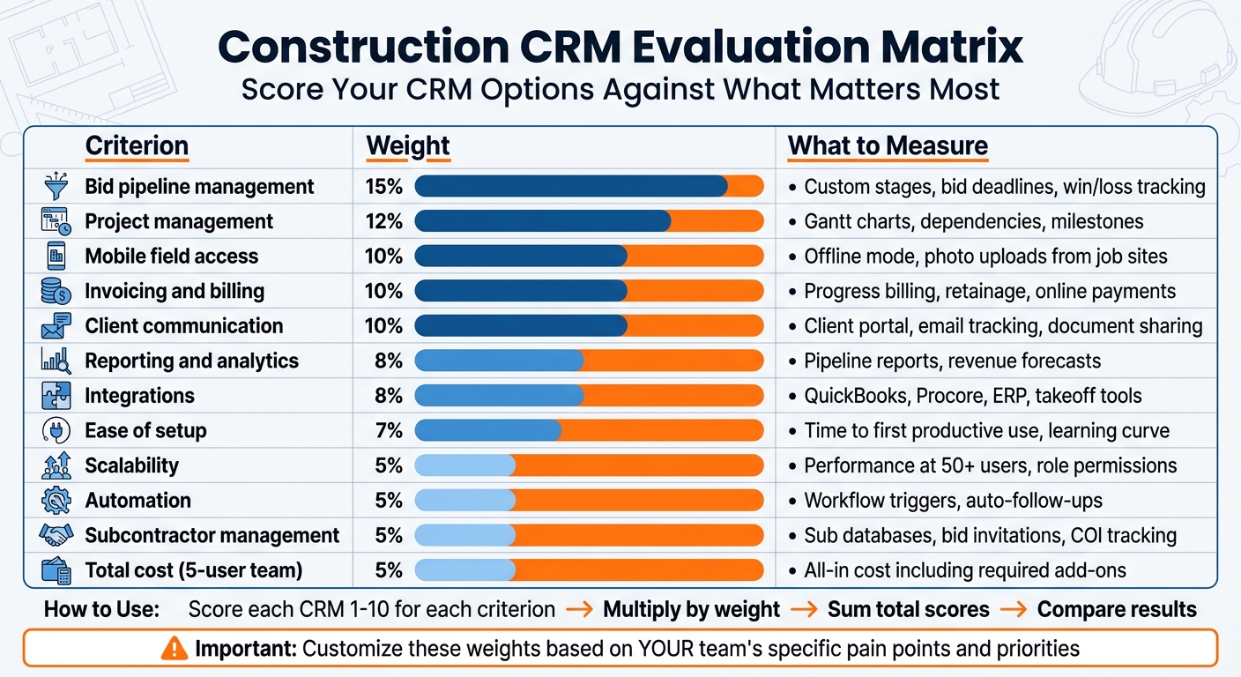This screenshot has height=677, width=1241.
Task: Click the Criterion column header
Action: pyautogui.click(x=137, y=146)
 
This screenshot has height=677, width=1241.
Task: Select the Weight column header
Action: pyautogui.click(x=407, y=146)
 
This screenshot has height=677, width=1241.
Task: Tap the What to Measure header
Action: pyautogui.click(x=888, y=146)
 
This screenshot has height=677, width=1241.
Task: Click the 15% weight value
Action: pyautogui.click(x=383, y=187)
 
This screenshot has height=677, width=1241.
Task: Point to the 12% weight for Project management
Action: pyautogui.click(x=383, y=222)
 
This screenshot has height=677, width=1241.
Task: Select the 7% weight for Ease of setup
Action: pyautogui.click(x=388, y=431)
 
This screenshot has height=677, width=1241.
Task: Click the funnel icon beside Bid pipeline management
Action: pyautogui.click(x=56, y=187)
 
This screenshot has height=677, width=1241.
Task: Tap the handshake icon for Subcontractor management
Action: pyautogui.click(x=56, y=535)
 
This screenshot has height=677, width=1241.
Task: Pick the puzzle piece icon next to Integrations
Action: pyautogui.click(x=56, y=396)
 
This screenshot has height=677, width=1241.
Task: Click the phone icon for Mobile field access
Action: pyautogui.click(x=56, y=257)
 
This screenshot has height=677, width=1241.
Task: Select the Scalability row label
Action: pyautogui.click(x=131, y=465)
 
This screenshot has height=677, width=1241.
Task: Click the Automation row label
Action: pyautogui.click(x=137, y=501)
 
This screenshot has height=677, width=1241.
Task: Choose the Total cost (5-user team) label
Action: pyautogui.click(x=193, y=570)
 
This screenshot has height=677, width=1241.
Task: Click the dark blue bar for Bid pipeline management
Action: pyautogui.click(x=570, y=187)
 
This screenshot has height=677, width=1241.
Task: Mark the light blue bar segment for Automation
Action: pyautogui.click(x=464, y=501)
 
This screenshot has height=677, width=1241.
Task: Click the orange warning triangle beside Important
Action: pyautogui.click(x=175, y=650)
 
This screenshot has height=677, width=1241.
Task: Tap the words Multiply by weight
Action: pyautogui.click(x=691, y=609)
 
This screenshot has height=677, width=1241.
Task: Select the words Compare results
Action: pyautogui.click(x=1117, y=609)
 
